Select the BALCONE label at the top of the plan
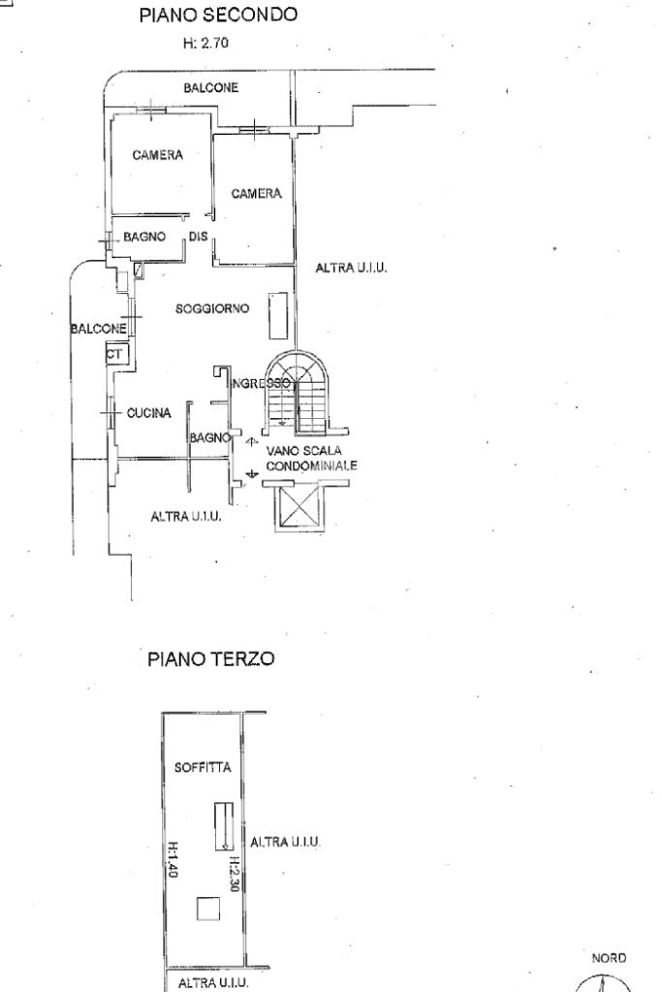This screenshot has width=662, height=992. [x=211, y=88]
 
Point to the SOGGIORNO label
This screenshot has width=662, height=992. [x=212, y=309]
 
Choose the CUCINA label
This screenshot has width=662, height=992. [x=149, y=413]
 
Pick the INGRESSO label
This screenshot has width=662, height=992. [x=260, y=384]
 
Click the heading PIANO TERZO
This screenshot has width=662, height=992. [x=211, y=659]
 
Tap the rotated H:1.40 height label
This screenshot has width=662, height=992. [x=171, y=857]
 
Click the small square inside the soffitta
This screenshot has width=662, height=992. [x=208, y=909]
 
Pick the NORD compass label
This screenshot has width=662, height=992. [x=611, y=957]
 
